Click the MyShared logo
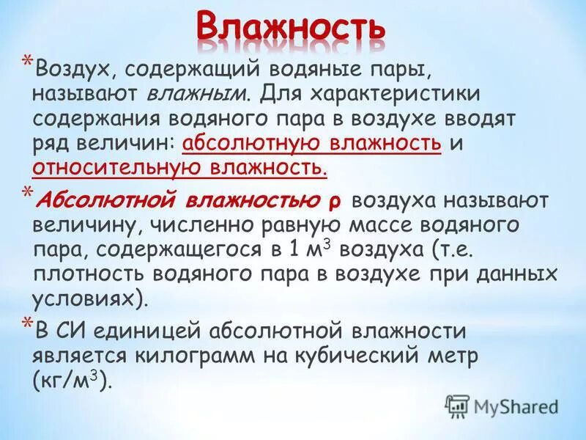pos(501,406)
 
